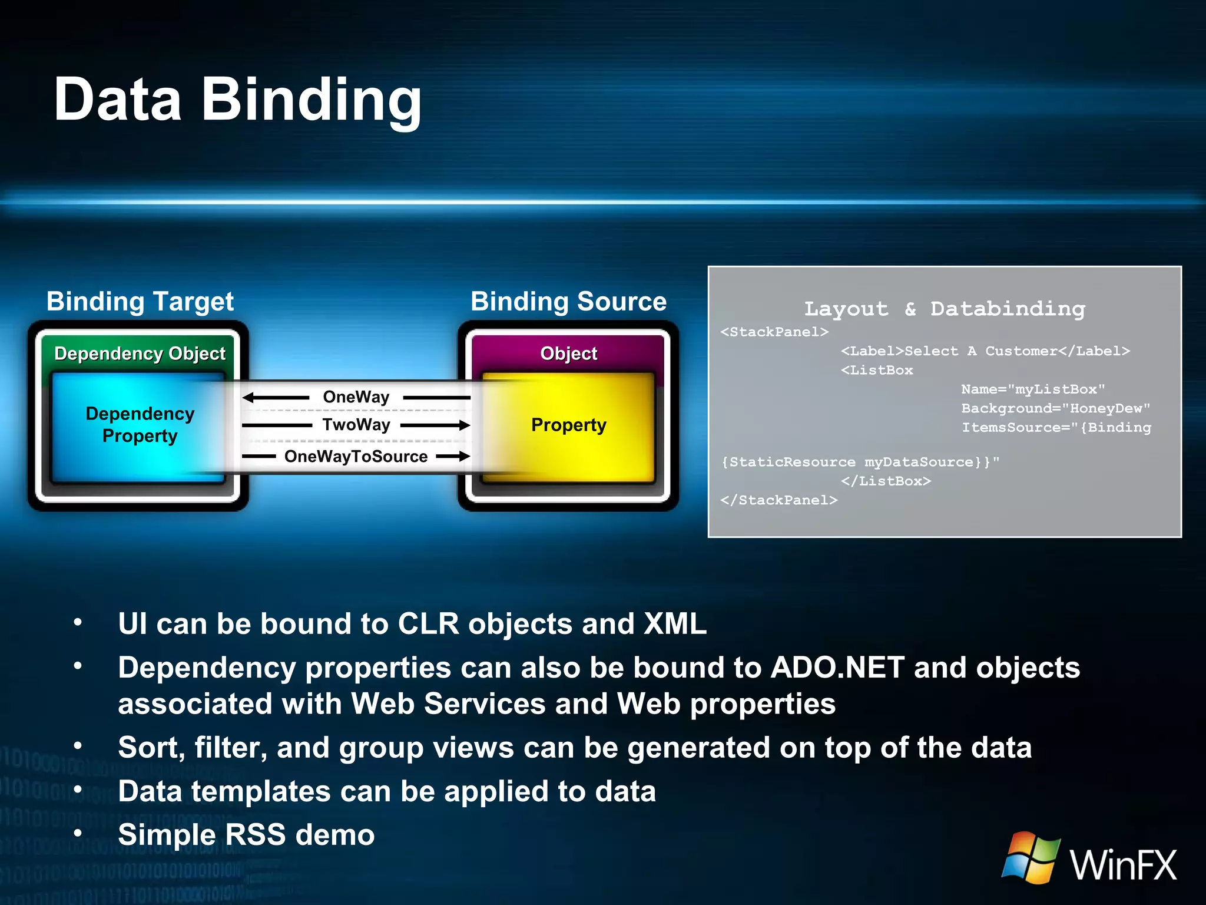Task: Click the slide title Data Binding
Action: [x=237, y=100]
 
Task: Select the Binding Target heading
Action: [x=140, y=302]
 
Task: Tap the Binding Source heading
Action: [x=568, y=302]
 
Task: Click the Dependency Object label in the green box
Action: [x=140, y=354]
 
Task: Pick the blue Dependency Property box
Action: [x=140, y=425]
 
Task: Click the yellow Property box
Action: [x=568, y=425]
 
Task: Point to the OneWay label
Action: [x=356, y=397]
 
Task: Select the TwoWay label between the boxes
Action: [x=356, y=425]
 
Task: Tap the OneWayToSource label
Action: [x=356, y=457]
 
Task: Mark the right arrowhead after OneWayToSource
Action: [x=464, y=456]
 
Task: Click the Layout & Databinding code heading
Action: [x=945, y=309]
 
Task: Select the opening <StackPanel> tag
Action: [x=774, y=332]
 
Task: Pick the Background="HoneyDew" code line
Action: [x=1055, y=408]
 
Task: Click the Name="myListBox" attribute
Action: [x=1033, y=389]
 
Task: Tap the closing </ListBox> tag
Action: [x=886, y=481]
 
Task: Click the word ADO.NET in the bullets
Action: [x=837, y=668]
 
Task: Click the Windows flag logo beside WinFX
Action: [x=1031, y=857]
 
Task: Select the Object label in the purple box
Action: [x=568, y=354]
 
